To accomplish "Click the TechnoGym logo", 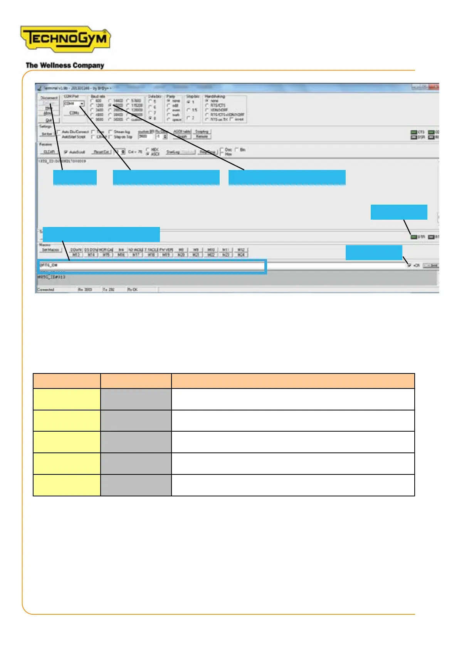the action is pos(65,39).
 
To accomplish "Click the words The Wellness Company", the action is pos(65,66).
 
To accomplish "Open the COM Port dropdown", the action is pos(82,104).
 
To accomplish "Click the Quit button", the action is pos(48,120).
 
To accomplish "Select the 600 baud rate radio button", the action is pos(92,101).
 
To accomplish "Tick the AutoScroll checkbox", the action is pos(66,152).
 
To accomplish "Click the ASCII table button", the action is pos(182,131).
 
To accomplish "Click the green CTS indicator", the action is pos(414,132).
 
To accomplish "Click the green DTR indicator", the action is pos(414,237).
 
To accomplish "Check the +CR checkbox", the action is pos(409,265).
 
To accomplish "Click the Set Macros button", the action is pos(50,250).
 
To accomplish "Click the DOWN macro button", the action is pos(76,250).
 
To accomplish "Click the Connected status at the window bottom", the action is pos(46,289).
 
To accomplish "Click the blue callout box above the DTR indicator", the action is pos(399,212).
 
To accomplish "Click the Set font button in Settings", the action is pos(47,134).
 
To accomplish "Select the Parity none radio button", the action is pos(168,101).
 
